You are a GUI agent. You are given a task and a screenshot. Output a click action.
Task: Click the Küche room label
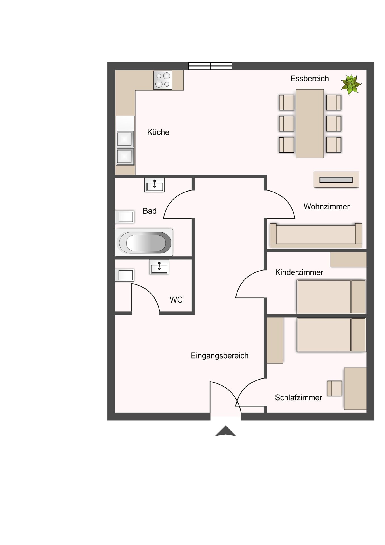[158, 132]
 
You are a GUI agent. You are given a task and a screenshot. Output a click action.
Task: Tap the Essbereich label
[309, 79]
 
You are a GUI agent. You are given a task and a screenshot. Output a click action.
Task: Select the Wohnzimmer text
[326, 207]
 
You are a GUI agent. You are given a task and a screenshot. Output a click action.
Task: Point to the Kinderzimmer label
[299, 272]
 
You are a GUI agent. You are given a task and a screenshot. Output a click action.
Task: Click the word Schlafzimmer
[298, 398]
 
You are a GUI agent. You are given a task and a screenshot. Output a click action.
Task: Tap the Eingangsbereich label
[219, 356]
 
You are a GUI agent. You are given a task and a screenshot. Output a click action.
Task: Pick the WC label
[176, 300]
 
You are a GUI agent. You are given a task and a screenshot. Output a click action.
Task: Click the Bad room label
[150, 211]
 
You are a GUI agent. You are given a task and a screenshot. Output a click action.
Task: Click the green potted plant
[351, 84]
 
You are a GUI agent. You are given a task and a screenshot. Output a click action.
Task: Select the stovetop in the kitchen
[163, 80]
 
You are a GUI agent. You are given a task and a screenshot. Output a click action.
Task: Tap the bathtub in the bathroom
[144, 242]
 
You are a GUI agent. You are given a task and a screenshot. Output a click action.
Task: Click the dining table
[310, 123]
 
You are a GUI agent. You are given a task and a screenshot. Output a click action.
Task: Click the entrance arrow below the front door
[226, 431]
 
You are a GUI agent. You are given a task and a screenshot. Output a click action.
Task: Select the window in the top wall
[210, 66]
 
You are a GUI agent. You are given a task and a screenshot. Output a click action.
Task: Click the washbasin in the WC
[159, 267]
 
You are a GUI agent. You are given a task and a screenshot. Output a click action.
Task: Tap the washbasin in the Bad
[154, 185]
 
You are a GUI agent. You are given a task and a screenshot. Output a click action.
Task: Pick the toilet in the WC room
[125, 275]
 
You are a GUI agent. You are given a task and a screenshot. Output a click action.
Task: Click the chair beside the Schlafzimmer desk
[334, 388]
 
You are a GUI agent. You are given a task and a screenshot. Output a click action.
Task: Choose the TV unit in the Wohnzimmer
[336, 180]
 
